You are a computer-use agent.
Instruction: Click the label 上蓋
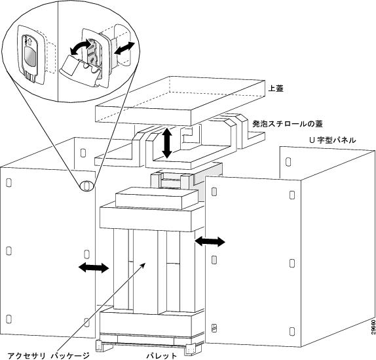click(276, 89)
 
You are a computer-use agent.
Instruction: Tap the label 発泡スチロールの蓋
click(288, 124)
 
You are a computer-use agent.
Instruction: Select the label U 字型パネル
click(333, 140)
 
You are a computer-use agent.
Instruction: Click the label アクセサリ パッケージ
click(48, 355)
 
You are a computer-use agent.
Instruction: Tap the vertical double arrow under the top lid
click(167, 142)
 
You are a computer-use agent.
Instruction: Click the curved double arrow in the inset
click(81, 48)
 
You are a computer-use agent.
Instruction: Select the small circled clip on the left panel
click(87, 186)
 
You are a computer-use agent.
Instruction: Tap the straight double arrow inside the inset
click(124, 48)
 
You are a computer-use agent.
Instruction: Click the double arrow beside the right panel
click(210, 241)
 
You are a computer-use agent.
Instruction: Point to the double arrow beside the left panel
click(94, 268)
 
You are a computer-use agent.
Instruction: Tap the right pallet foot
click(190, 350)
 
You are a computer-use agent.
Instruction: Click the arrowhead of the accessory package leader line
click(143, 264)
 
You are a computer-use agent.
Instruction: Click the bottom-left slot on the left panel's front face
click(9, 319)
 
